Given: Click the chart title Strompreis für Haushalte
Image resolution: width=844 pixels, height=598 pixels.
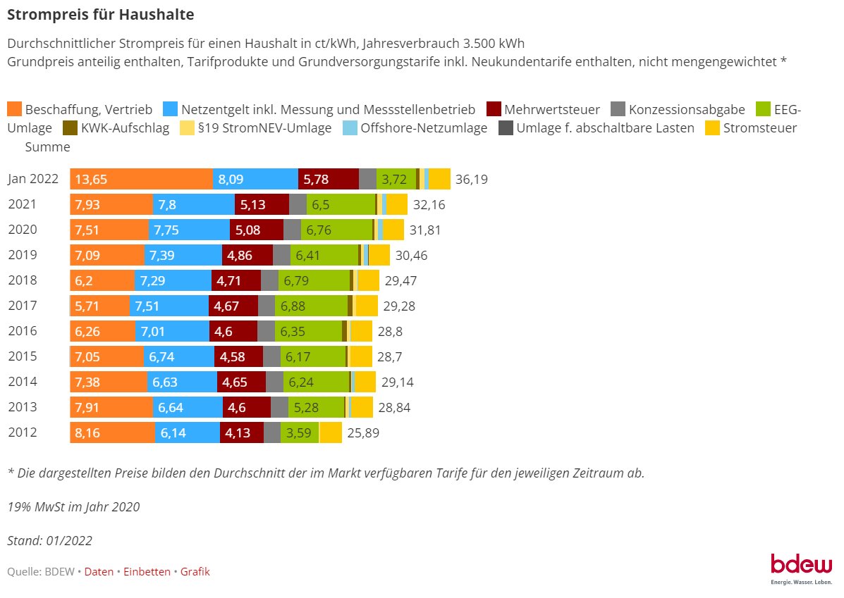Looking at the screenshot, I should pos(100,13).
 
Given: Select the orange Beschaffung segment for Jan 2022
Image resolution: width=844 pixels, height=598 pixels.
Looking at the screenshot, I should pos(141,180).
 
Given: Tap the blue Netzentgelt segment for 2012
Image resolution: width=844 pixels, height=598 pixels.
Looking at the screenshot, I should pos(187,433).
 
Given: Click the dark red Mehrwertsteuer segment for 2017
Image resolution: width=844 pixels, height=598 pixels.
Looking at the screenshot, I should pos(233,306).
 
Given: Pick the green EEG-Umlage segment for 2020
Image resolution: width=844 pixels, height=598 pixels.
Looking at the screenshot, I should pos(336,230).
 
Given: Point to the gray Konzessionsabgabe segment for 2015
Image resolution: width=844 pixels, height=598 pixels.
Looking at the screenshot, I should pos(271,356).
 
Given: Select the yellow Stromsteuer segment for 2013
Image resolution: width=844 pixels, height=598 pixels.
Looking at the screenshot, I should pos(362,407).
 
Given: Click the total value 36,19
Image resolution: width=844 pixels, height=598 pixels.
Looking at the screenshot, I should pos(471,180).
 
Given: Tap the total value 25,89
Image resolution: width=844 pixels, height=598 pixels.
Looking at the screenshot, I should pos(363,433).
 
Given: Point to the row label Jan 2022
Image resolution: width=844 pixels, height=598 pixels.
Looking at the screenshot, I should pos(33,180).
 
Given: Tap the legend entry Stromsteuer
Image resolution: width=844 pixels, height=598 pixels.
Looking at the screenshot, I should pos(759,128).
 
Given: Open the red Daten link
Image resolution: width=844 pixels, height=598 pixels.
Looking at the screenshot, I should pos(99,572).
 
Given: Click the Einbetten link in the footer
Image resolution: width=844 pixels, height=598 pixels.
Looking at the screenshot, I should pos(147,572).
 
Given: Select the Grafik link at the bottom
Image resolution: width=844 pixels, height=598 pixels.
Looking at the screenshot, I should pos(195,572).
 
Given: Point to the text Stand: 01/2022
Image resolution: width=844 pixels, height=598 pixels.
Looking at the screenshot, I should pos(49,541).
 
